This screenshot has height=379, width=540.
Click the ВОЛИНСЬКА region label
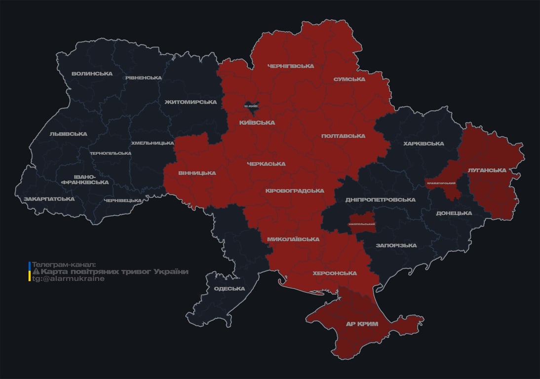[x=92, y=74]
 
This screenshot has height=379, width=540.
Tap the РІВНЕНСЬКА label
[x=143, y=78]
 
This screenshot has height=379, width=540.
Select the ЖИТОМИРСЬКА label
[x=191, y=102]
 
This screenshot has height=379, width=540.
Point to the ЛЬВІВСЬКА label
[x=68, y=134]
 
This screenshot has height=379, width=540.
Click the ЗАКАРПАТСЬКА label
[x=49, y=199]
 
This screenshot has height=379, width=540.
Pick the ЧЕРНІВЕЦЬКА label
[x=123, y=200]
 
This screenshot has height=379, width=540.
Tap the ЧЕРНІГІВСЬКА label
[x=290, y=66]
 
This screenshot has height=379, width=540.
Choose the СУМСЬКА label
[x=349, y=79]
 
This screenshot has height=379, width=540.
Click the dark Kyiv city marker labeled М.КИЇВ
[x=251, y=106]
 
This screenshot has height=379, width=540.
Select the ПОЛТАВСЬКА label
[x=343, y=136]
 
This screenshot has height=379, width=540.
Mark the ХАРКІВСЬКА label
[x=423, y=144]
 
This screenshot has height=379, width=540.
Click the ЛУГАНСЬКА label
[x=487, y=170]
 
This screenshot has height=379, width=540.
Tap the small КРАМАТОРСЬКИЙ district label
[x=441, y=184]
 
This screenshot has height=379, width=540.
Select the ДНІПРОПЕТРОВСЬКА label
[x=380, y=200]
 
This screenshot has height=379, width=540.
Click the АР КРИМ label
[x=361, y=324]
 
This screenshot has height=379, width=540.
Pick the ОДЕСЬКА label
[x=229, y=289]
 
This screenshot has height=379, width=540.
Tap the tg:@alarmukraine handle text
[x=68, y=279]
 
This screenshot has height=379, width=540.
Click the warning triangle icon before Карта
[x=36, y=272]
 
